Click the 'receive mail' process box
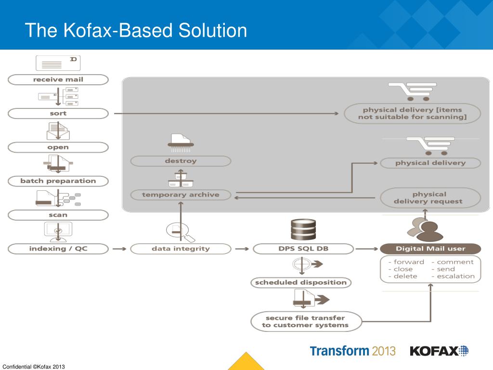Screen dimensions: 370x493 click(58, 79)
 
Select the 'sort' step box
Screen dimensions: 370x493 click(58, 114)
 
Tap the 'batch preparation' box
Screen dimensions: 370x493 click(58, 181)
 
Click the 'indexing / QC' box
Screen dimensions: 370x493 click(58, 249)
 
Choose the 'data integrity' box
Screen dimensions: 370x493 click(181, 249)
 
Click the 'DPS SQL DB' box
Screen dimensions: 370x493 click(303, 249)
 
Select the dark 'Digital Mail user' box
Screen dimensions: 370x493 click(430, 249)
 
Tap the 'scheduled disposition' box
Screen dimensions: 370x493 click(301, 282)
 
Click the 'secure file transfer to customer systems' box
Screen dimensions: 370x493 click(305, 321)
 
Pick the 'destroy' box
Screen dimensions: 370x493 click(181, 161)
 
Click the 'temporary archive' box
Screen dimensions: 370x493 click(181, 195)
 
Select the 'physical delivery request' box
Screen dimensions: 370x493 click(430, 198)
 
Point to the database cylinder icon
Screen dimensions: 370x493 click(303, 229)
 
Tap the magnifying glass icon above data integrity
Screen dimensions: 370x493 click(181, 232)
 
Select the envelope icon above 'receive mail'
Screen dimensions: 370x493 click(58, 63)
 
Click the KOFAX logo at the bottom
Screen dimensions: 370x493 click(439, 351)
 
